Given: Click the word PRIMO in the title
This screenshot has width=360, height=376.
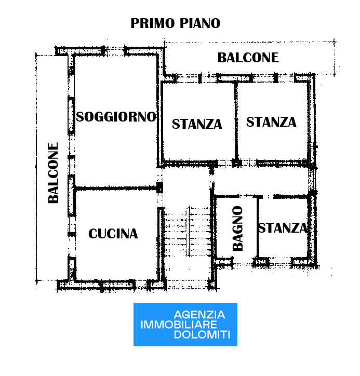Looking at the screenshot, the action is pyautogui.click(x=153, y=23).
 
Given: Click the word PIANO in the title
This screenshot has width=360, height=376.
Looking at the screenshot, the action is pyautogui.click(x=200, y=23).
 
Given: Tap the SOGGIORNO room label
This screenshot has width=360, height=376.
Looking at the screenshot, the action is pyautogui.click(x=116, y=117).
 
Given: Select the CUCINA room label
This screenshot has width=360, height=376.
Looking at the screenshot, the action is pyautogui.click(x=113, y=234).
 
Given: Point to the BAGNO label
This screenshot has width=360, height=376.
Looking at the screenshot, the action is pyautogui.click(x=238, y=229).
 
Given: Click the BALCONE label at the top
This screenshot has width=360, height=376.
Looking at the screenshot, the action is pyautogui.click(x=248, y=58).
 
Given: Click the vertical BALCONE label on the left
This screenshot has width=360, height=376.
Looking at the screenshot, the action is pyautogui.click(x=53, y=173).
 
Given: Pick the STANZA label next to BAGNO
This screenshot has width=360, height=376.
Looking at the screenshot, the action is pyautogui.click(x=283, y=228).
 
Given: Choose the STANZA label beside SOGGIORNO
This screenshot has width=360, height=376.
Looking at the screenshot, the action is pyautogui.click(x=197, y=124).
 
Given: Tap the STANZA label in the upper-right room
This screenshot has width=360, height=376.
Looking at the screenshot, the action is pyautogui.click(x=271, y=122).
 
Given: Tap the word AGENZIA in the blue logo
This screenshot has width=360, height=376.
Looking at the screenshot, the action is pyautogui.click(x=199, y=315).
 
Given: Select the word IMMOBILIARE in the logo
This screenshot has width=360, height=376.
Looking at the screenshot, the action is pyautogui.click(x=179, y=325).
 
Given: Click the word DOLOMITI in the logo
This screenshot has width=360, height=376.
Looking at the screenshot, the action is pyautogui.click(x=202, y=334).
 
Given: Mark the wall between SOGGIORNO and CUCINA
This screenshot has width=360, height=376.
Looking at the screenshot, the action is pyautogui.click(x=117, y=188).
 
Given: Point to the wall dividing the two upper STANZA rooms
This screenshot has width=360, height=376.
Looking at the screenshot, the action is pyautogui.click(x=236, y=122).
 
